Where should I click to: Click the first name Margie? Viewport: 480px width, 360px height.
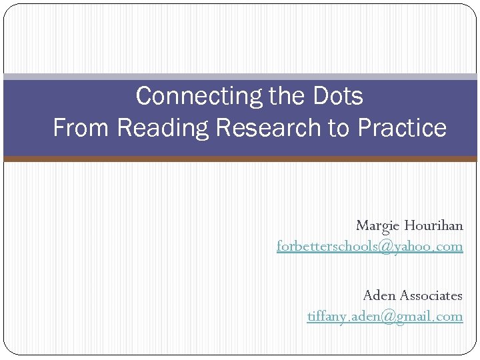coord(377,225)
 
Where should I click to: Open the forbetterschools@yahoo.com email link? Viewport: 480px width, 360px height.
coord(369,246)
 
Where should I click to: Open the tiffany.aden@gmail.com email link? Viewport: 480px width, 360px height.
coord(385,316)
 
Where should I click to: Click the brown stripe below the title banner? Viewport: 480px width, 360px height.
coord(240,159)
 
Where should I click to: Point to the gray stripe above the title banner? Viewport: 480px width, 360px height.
coord(240,77)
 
